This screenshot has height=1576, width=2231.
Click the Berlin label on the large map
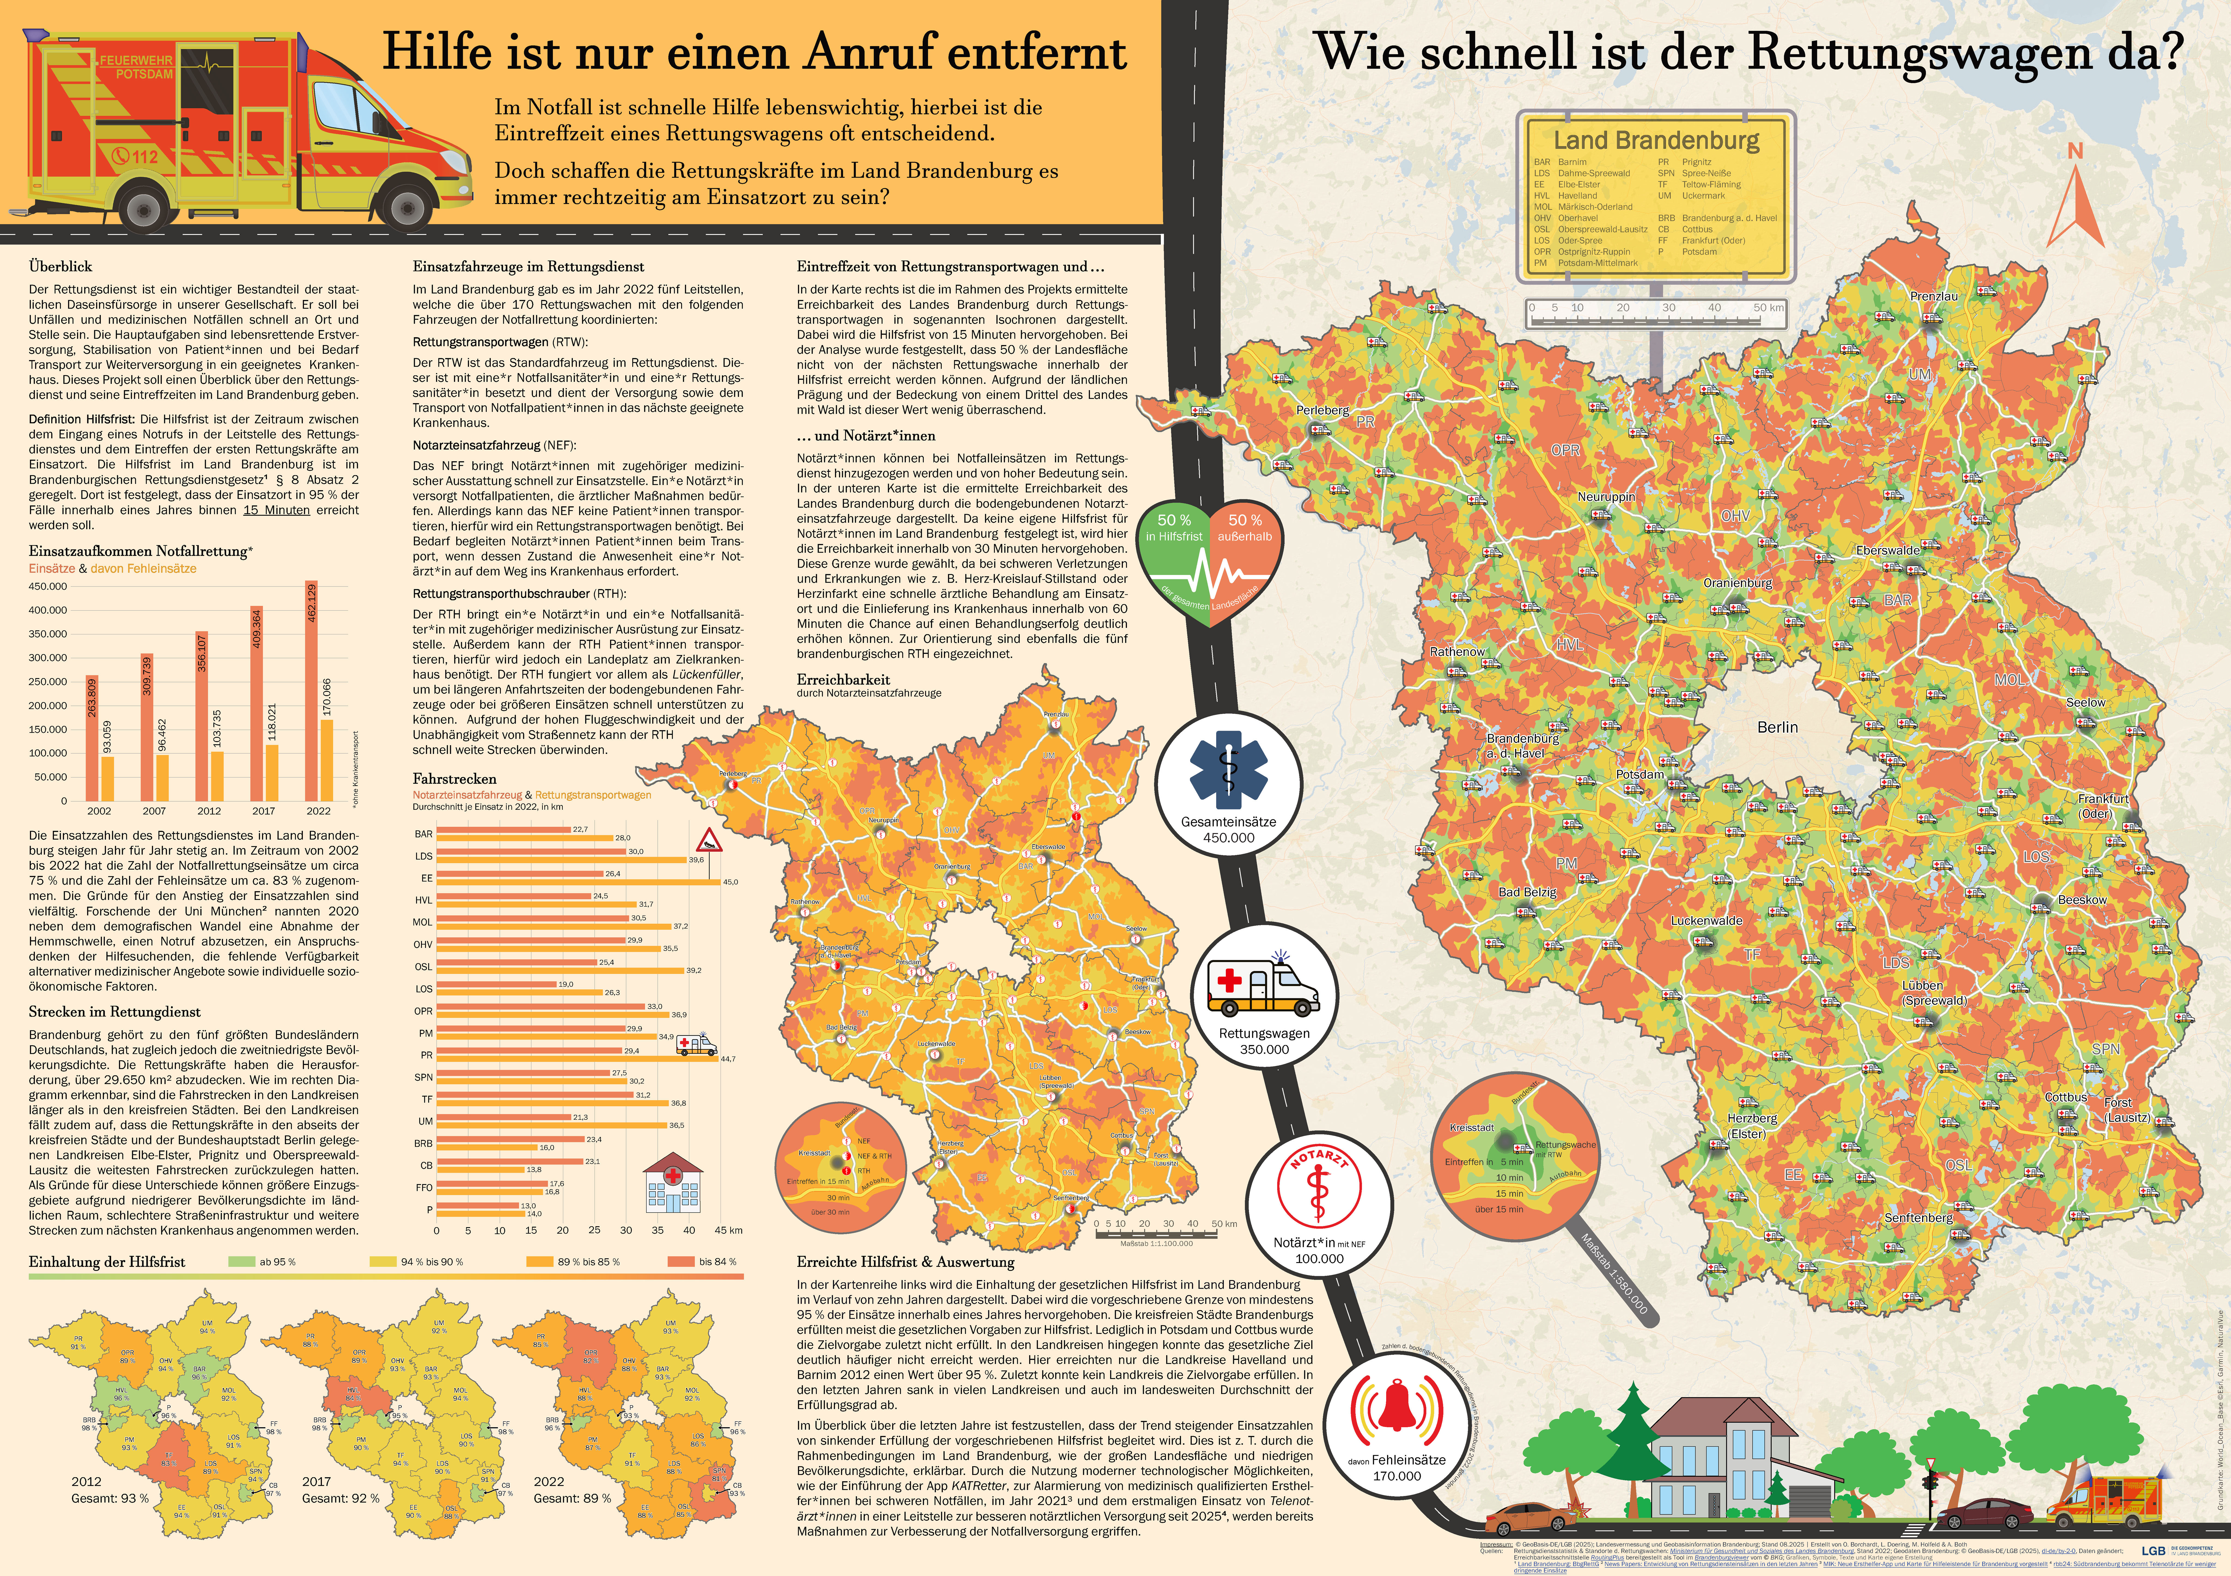[1777, 727]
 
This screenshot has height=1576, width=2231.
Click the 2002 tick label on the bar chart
[99, 810]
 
